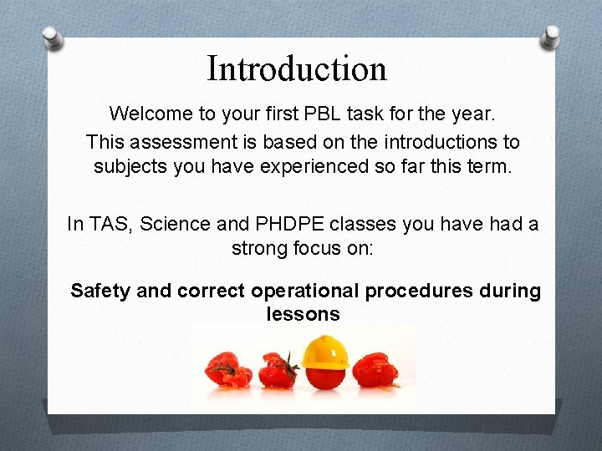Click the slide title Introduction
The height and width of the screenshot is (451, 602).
click(x=297, y=68)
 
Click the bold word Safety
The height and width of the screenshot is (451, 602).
click(x=100, y=291)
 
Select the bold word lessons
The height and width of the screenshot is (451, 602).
click(x=303, y=314)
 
